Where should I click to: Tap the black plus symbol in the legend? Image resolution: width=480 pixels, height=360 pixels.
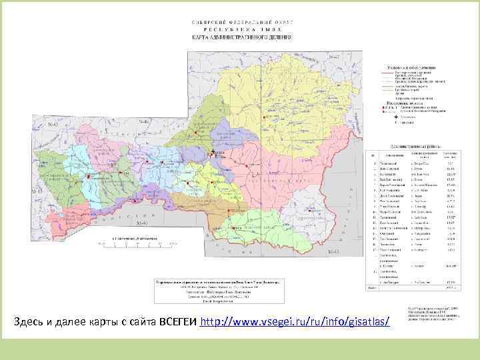395,116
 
